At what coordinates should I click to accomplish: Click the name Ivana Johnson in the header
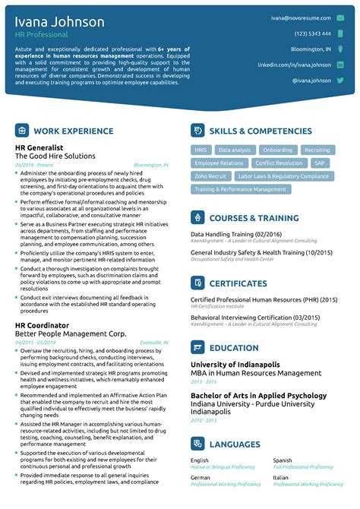(60, 22)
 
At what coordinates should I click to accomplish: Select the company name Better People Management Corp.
(71, 334)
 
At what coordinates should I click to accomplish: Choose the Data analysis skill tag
(235, 150)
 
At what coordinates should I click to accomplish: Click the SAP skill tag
(320, 163)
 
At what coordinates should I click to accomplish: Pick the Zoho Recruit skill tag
(210, 176)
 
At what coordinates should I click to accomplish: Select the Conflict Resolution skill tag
(279, 163)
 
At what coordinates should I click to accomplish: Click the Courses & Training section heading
(254, 219)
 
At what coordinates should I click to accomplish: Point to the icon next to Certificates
(197, 283)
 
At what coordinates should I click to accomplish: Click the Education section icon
(197, 348)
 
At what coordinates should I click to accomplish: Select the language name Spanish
(283, 460)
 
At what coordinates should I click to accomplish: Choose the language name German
(200, 478)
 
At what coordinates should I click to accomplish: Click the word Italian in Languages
(282, 478)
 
